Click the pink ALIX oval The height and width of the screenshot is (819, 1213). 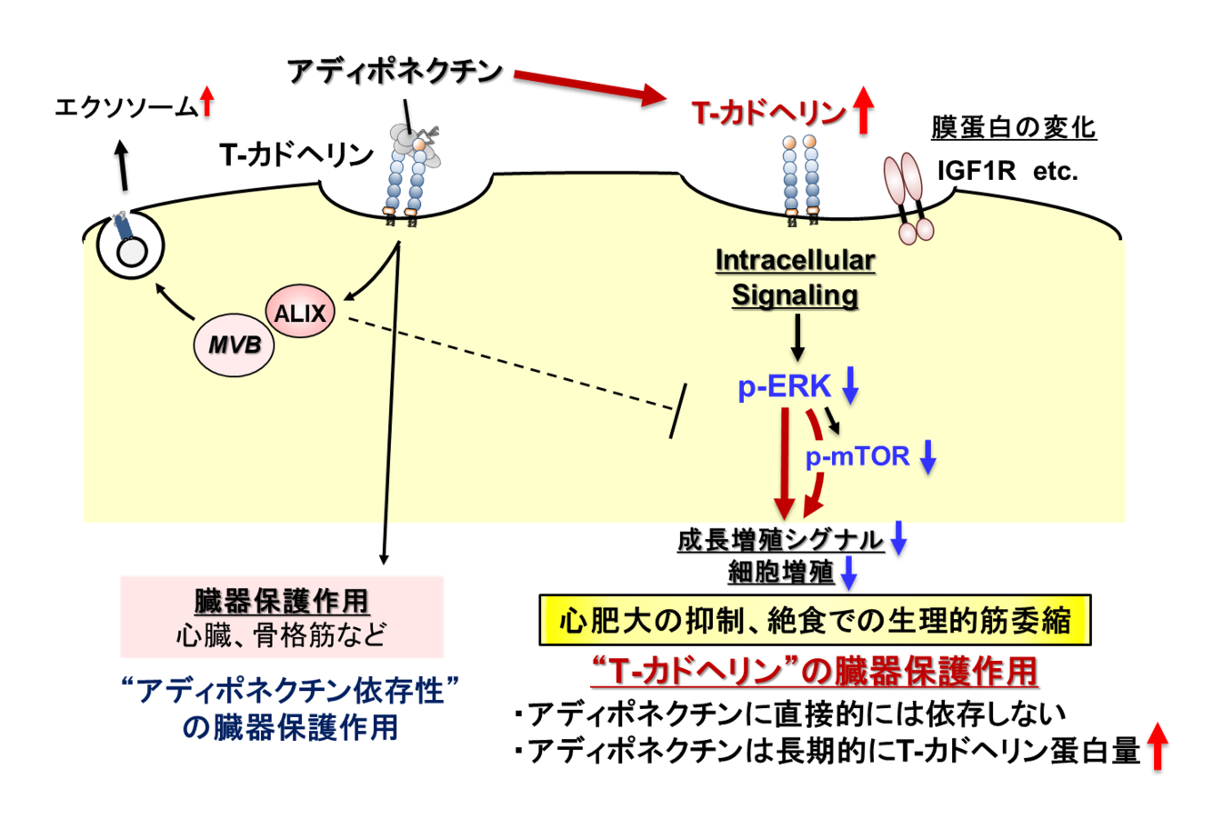tap(300, 314)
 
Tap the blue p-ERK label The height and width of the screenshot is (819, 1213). tap(784, 387)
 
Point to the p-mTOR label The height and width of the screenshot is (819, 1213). tap(857, 455)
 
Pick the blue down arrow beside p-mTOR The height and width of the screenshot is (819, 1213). tap(927, 456)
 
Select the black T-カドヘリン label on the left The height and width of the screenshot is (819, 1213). tap(296, 155)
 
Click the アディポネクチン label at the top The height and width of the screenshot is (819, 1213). tap(395, 71)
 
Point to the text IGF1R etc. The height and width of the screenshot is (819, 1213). tap(1007, 171)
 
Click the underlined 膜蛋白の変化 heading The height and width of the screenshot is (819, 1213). tap(1013, 128)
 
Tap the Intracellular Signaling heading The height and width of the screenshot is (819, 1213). tap(795, 278)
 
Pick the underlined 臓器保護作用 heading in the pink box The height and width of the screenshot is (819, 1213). tap(282, 601)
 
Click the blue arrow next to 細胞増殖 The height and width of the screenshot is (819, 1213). tap(849, 572)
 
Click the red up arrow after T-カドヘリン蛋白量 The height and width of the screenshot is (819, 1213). tap(1157, 746)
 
